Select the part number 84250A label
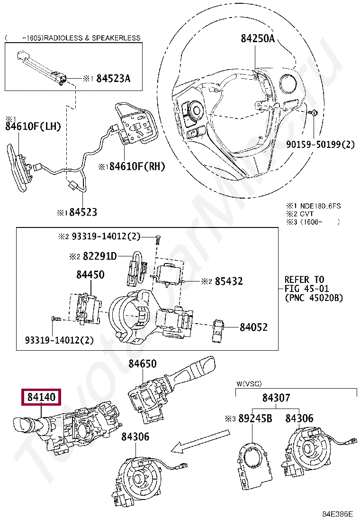point(257,39)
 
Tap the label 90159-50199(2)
point(320,144)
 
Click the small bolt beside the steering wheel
point(314,113)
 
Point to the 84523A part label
point(113,79)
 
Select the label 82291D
point(99,256)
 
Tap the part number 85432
point(228,281)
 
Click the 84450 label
point(90,275)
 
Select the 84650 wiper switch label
point(142,363)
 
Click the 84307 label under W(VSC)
point(276,398)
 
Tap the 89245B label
point(255,418)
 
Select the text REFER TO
point(304,279)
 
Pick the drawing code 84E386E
point(338,514)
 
